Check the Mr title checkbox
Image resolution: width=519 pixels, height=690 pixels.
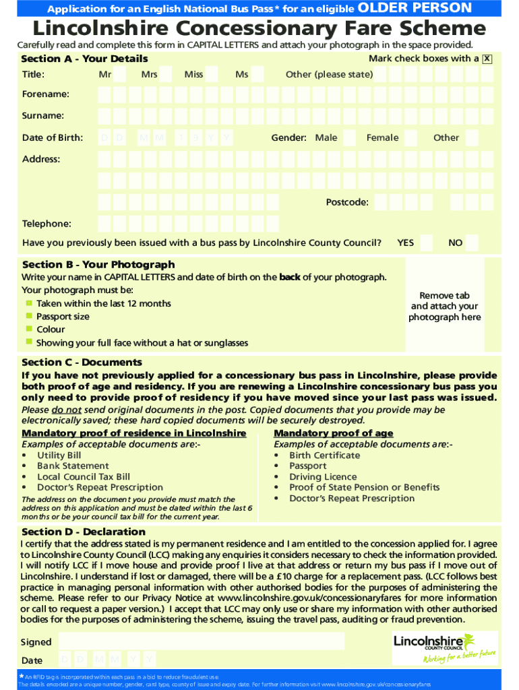[120, 74]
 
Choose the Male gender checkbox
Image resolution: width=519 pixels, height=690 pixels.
[349, 138]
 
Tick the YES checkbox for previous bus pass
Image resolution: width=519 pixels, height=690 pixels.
[427, 243]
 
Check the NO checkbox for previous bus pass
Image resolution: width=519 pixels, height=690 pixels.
[472, 243]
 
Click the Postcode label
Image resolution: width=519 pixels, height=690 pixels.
[347, 202]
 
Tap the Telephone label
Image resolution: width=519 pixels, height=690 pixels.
[47, 224]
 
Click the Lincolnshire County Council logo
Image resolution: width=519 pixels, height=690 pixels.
[445, 648]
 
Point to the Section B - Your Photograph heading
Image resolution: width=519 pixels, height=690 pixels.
[98, 264]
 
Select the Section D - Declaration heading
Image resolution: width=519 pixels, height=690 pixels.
[84, 532]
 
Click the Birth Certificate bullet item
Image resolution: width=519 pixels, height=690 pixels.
[324, 455]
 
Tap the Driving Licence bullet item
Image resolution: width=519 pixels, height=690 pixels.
[323, 476]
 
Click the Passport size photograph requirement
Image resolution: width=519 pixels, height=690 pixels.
[63, 316]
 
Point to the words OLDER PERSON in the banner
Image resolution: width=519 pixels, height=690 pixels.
[415, 8]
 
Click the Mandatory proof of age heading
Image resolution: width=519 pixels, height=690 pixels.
[333, 433]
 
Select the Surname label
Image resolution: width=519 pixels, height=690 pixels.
[43, 116]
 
